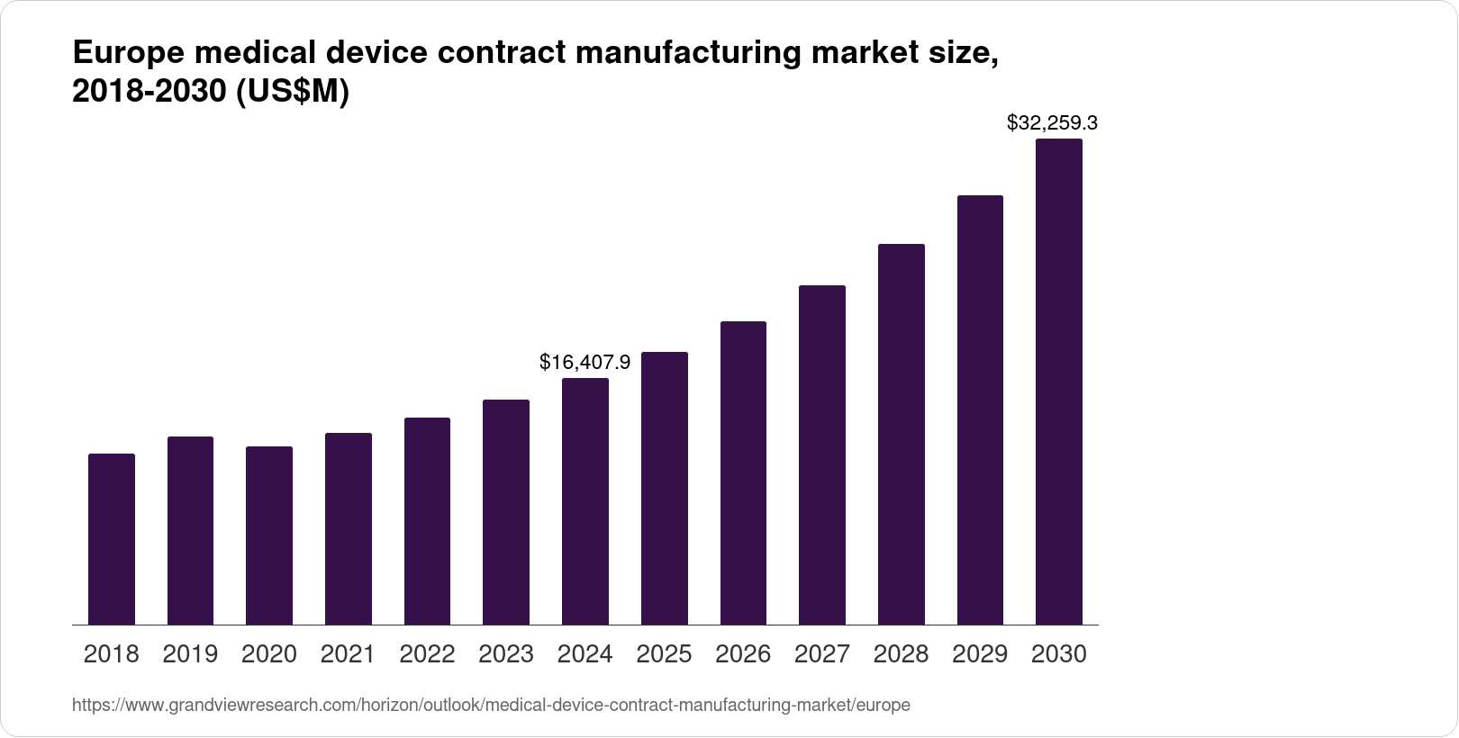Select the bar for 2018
[x=112, y=539]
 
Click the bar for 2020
[x=269, y=535]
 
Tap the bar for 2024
[x=585, y=501]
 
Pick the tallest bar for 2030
[x=1059, y=382]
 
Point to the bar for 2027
[x=822, y=455]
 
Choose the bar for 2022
[x=427, y=521]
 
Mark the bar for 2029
[x=980, y=410]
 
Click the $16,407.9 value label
[x=585, y=363]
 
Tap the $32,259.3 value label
[x=1052, y=122]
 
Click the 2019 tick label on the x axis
[x=190, y=654]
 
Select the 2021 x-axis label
[x=349, y=654]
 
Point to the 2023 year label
[x=506, y=654]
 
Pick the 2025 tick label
[x=665, y=654]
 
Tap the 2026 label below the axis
[x=743, y=654]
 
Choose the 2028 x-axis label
[x=902, y=654]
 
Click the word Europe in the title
[x=126, y=54]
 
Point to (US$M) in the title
[x=292, y=93]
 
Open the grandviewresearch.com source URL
[x=491, y=706]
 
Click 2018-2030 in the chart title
[x=149, y=93]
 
